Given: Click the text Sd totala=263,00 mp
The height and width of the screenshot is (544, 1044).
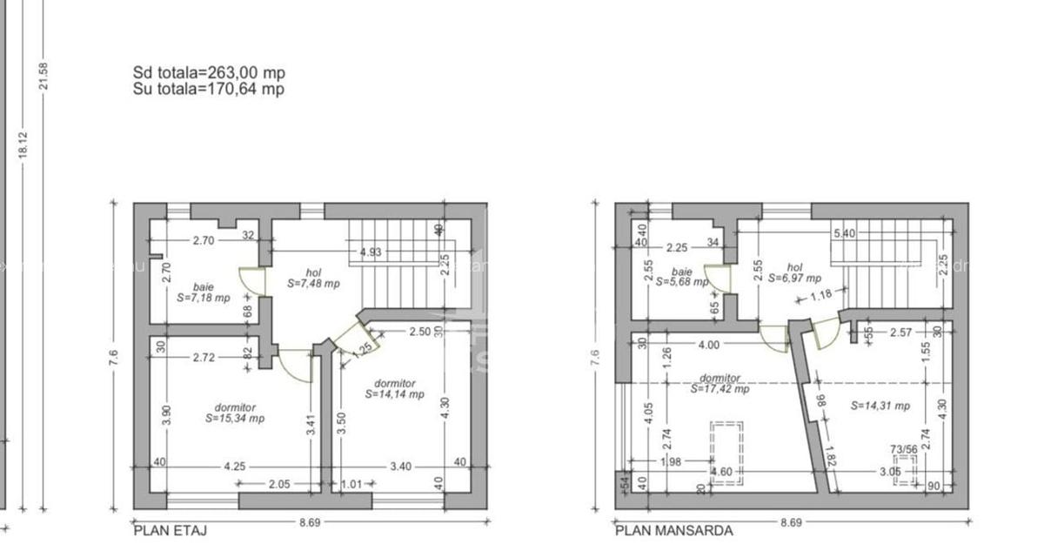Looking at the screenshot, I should point(209,73).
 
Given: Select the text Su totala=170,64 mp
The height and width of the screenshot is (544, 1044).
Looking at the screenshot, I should point(209,89).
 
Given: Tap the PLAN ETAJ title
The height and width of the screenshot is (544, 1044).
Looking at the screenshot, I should point(171,529).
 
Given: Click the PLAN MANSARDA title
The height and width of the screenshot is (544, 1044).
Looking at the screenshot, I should point(673,529).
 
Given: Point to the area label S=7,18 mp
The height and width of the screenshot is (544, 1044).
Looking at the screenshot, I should point(203,298).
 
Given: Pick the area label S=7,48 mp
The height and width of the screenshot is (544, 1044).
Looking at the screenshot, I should point(313,284).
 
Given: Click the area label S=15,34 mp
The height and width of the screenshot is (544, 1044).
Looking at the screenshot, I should point(235,418).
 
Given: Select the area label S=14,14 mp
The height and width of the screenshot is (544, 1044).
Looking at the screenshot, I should point(394,393).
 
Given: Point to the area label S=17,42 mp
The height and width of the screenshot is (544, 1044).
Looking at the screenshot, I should point(719,389).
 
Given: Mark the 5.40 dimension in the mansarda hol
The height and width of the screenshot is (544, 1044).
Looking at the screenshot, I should point(844,233).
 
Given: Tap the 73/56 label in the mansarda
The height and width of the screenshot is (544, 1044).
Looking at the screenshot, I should point(904,449).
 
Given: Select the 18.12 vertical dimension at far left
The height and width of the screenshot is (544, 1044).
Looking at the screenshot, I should point(23,144).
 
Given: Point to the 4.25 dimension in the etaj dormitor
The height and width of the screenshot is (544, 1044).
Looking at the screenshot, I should point(233,466).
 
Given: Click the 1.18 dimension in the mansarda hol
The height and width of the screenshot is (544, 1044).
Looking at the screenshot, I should point(820,295).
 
